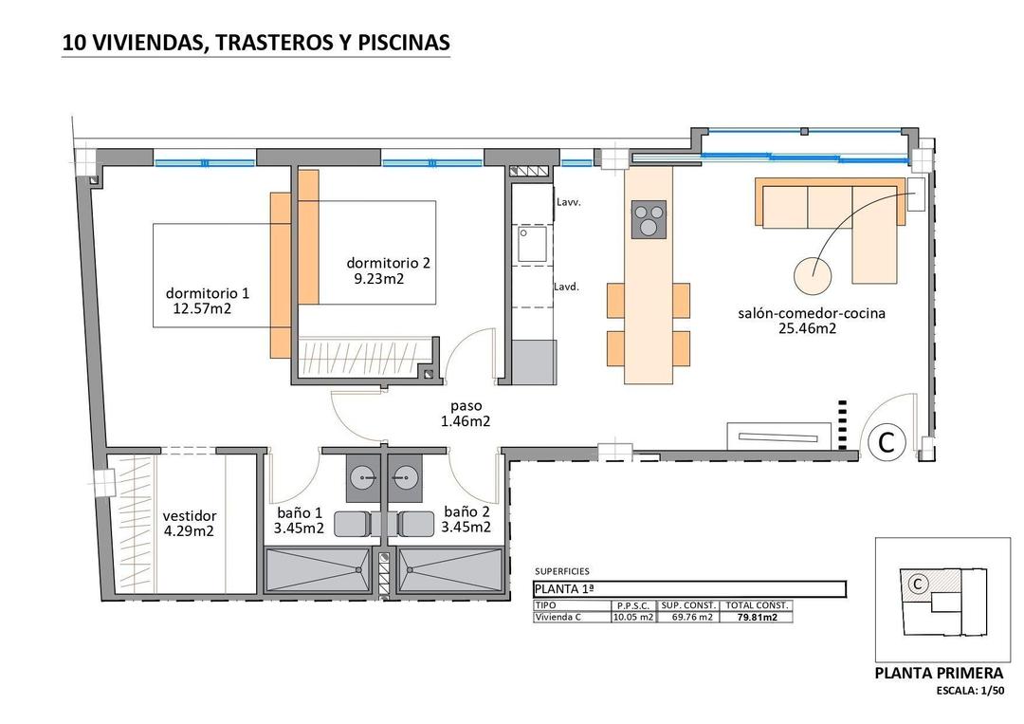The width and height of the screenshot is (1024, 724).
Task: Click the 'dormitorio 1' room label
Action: pos(207,292)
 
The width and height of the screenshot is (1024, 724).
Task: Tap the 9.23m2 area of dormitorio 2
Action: pos(379,279)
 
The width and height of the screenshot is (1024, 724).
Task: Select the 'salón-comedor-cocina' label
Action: pos(812,313)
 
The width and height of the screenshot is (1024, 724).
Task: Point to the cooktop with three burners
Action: pos(649,219)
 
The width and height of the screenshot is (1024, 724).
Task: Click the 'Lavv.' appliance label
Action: pos(569,202)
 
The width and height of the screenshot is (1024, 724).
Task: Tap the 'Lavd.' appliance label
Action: pos(567,286)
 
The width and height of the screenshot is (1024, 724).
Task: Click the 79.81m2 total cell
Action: pos(756,618)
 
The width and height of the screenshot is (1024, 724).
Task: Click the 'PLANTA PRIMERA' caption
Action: pos(939,674)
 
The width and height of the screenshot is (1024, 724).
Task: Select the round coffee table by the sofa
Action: pos(813,276)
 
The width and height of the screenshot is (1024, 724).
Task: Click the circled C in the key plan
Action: pos(917,585)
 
